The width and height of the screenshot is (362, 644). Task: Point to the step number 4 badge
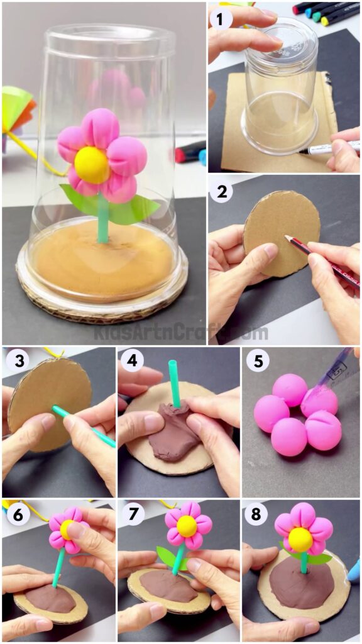click(x=131, y=362)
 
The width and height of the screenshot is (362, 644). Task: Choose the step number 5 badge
click(x=257, y=362)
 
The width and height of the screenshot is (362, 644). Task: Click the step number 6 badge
click(x=17, y=514)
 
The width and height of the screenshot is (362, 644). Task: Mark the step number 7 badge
click(x=131, y=514)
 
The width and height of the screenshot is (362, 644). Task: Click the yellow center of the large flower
click(x=92, y=165)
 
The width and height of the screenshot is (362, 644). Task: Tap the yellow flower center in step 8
click(x=300, y=540)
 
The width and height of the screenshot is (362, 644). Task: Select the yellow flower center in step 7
click(x=187, y=526)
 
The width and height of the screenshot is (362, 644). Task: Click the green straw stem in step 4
click(x=174, y=384)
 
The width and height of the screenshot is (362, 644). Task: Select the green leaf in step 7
click(x=166, y=557)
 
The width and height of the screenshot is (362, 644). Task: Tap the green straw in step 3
click(x=82, y=425)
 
